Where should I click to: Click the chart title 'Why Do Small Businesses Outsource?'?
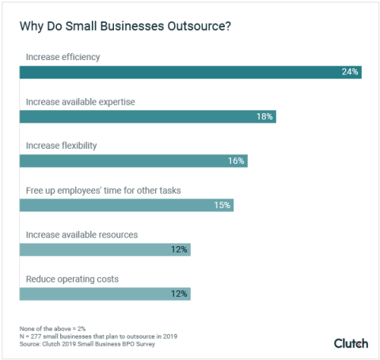point(126,25)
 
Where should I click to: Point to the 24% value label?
point(350,72)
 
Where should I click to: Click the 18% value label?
point(264,116)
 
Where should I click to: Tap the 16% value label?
point(237,161)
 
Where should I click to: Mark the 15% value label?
point(222,205)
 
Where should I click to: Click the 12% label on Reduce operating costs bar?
point(179,294)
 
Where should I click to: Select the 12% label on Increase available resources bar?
point(179,249)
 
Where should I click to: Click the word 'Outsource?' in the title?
point(201,25)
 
